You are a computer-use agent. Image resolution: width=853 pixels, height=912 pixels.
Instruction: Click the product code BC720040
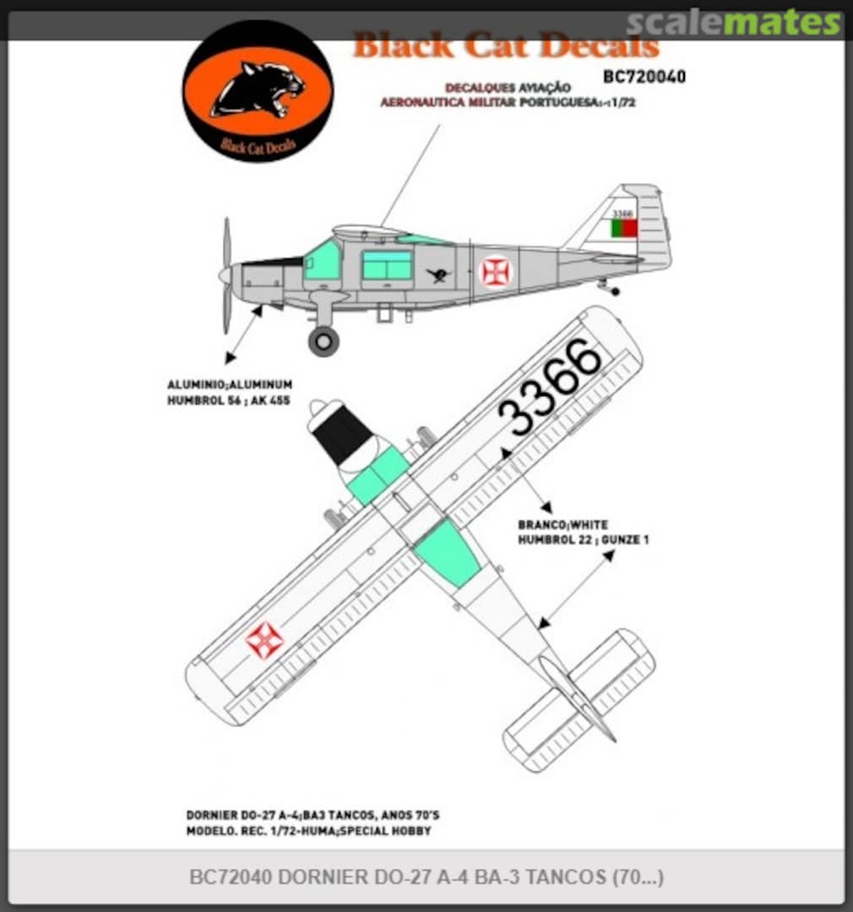644,77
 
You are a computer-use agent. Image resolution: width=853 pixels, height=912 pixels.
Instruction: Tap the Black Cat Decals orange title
505,46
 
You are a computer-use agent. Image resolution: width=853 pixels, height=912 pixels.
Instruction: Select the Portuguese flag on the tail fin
624,228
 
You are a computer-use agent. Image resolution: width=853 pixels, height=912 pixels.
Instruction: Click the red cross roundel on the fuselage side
495,271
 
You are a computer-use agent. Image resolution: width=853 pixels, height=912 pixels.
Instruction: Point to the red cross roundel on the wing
264,640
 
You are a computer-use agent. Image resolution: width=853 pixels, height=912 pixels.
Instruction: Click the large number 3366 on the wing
549,388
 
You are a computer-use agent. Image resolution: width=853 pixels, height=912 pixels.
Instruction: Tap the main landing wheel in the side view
323,340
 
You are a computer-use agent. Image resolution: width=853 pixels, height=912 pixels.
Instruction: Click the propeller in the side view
226,274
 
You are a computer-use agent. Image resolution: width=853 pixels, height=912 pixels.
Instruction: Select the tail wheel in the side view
614,291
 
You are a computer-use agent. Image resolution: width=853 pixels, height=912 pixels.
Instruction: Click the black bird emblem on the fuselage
438,274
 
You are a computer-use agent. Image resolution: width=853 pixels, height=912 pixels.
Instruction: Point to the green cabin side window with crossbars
387,264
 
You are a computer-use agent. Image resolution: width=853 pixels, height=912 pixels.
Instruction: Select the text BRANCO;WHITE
562,524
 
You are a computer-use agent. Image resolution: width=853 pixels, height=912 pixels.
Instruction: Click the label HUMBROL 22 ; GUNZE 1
583,539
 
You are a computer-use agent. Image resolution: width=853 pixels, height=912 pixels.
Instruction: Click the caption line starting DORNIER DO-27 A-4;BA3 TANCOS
312,816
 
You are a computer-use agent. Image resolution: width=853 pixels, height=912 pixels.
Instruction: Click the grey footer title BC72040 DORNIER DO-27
426,877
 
